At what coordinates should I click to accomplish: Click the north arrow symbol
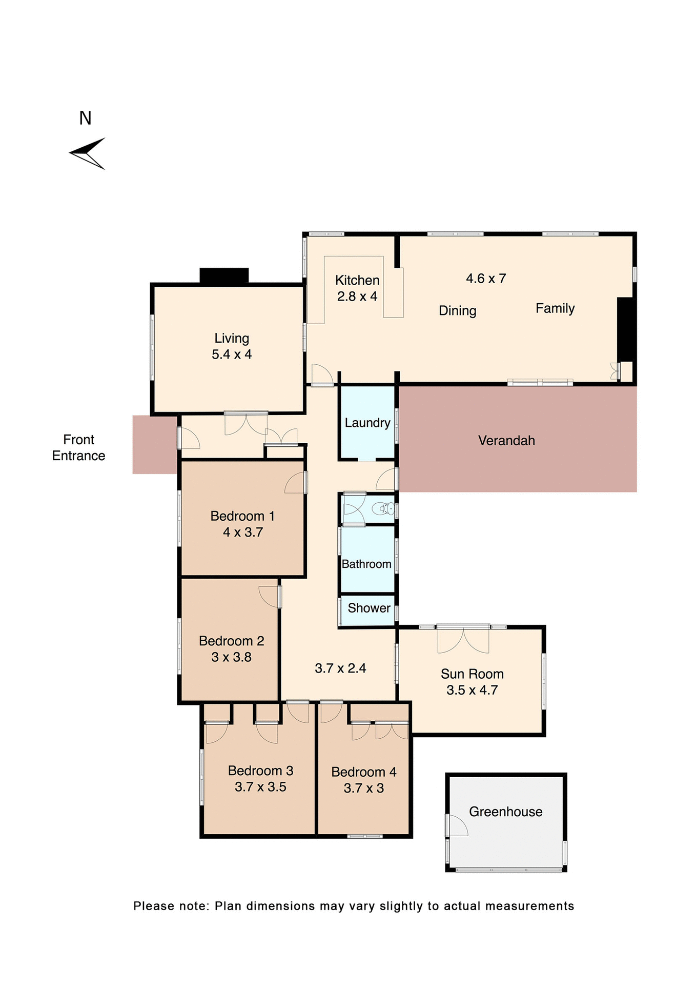(88, 153)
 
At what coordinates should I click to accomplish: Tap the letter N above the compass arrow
(85, 119)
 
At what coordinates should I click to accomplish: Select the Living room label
(232, 339)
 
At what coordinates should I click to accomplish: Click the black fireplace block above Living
(224, 275)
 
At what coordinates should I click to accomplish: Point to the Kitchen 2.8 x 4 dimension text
(357, 297)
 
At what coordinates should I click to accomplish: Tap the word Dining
(457, 311)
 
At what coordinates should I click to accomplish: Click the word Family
(555, 308)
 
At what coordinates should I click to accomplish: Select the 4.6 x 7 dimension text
(485, 279)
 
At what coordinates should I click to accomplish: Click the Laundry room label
(367, 423)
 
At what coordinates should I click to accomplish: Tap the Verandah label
(506, 441)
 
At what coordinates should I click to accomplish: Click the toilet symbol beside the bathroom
(384, 509)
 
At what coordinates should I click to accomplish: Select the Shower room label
(369, 608)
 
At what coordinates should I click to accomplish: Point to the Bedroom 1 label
(242, 516)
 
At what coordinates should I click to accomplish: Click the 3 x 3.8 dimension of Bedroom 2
(231, 657)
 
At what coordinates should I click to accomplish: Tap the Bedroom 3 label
(260, 771)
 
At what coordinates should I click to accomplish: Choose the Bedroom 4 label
(363, 772)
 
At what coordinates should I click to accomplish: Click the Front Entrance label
(78, 447)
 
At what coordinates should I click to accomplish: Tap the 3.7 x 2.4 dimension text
(340, 668)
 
